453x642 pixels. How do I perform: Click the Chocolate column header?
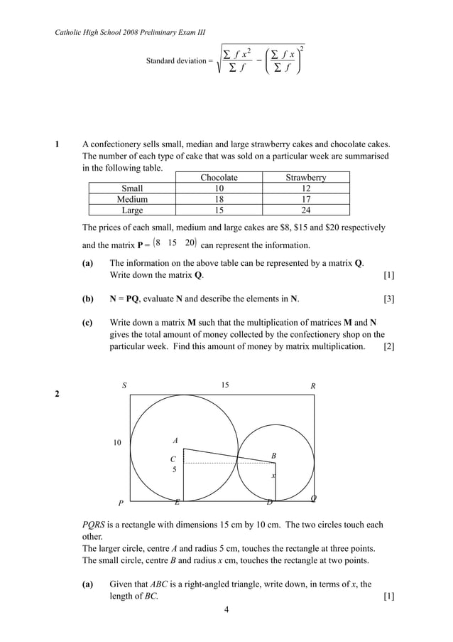click(x=219, y=178)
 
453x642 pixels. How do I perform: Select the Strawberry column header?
click(x=305, y=178)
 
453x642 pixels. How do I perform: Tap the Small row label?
click(x=132, y=188)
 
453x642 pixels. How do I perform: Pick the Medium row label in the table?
click(x=132, y=200)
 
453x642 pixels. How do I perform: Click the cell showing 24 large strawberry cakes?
click(x=305, y=210)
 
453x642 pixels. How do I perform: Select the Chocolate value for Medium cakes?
click(x=219, y=200)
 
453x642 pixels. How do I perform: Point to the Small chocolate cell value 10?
click(x=219, y=188)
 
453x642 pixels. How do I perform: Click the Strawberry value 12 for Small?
click(x=305, y=188)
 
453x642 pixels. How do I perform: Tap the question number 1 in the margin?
click(x=58, y=144)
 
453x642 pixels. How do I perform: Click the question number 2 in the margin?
click(x=58, y=396)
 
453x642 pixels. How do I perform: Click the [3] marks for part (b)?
click(x=388, y=299)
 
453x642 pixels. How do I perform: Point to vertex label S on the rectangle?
click(x=124, y=385)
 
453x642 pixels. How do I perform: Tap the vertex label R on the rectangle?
click(x=312, y=386)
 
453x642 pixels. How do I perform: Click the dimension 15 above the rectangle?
click(x=224, y=385)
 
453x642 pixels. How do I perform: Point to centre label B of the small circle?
click(x=273, y=455)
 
